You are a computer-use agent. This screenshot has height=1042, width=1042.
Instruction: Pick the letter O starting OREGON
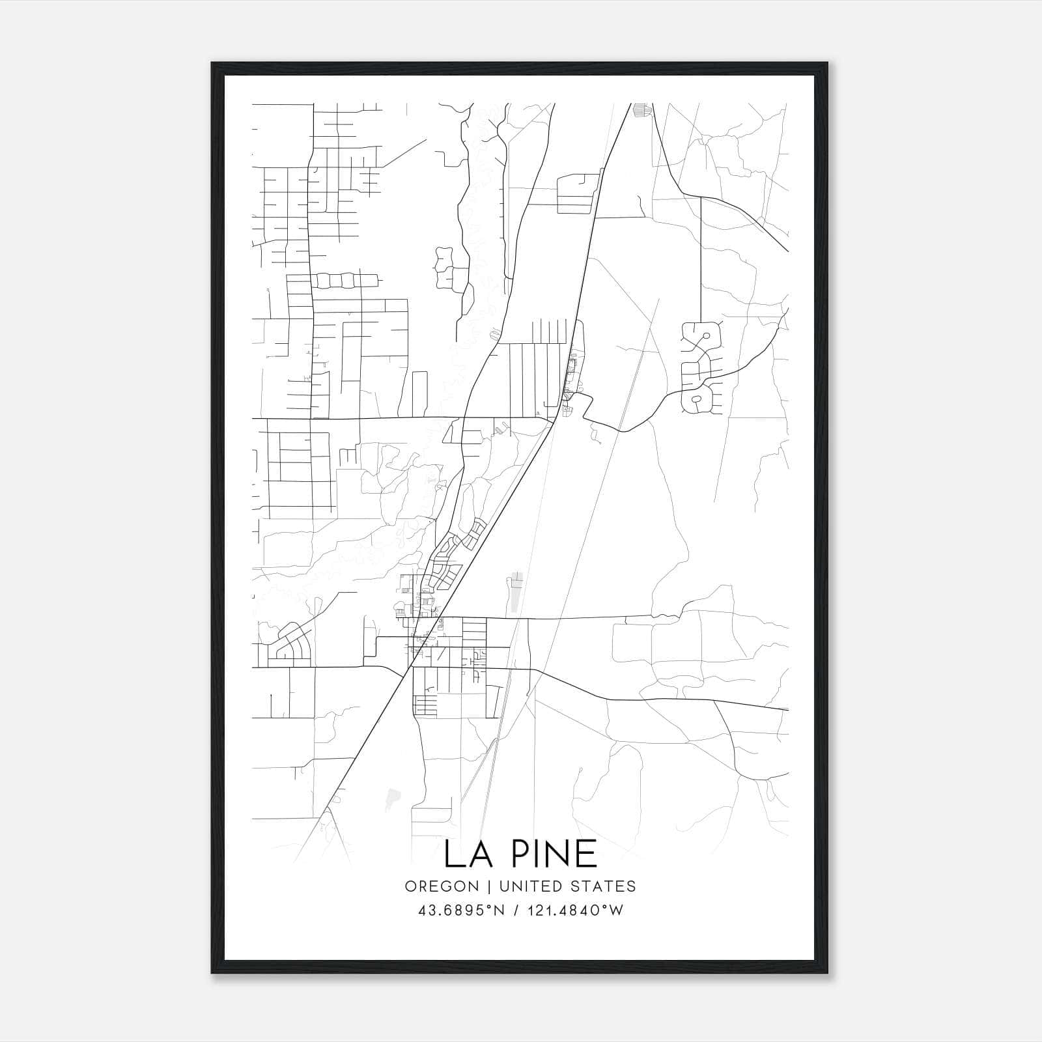[410, 886]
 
